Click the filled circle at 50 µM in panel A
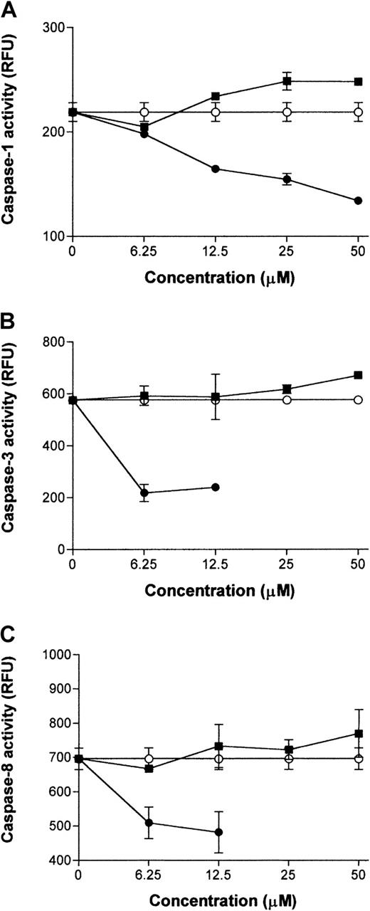[358, 201]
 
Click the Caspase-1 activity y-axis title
[12, 133]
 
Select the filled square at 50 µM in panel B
[358, 375]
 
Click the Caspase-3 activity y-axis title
[12, 446]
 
